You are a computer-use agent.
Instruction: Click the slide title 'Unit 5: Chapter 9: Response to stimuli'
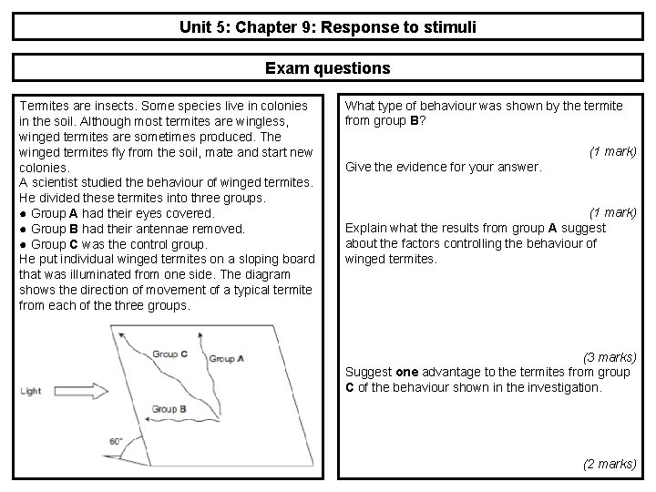coord(328,27)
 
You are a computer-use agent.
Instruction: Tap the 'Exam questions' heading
coord(328,68)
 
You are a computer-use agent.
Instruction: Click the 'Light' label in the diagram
coord(30,391)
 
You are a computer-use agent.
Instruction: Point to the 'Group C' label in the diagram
coord(170,354)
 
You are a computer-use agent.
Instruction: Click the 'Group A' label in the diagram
coord(227,358)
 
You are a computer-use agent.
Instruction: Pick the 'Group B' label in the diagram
coord(169,409)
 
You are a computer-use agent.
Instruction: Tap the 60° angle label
coord(116,441)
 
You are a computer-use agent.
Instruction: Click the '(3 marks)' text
coord(609,356)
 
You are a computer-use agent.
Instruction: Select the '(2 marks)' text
coord(609,464)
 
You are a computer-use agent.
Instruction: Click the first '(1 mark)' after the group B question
coord(612,150)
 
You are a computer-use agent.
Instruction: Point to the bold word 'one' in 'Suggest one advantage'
coord(406,372)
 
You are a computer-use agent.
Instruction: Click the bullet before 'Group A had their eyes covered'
coord(23,214)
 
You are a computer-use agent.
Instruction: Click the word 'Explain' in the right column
coord(367,228)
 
